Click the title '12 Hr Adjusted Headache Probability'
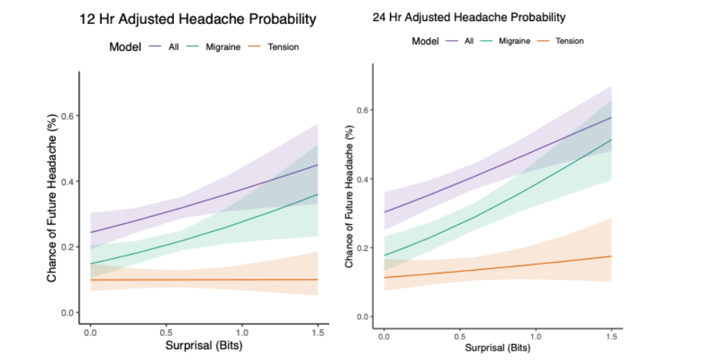(198, 20)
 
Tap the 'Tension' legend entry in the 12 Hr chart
(282, 47)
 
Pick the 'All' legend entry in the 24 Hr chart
(469, 41)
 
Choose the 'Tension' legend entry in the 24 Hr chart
(569, 41)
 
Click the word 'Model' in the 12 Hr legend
(124, 47)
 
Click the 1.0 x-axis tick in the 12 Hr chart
(242, 331)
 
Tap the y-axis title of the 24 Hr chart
(350, 196)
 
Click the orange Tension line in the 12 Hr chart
(204, 279)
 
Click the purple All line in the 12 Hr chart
(204, 217)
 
